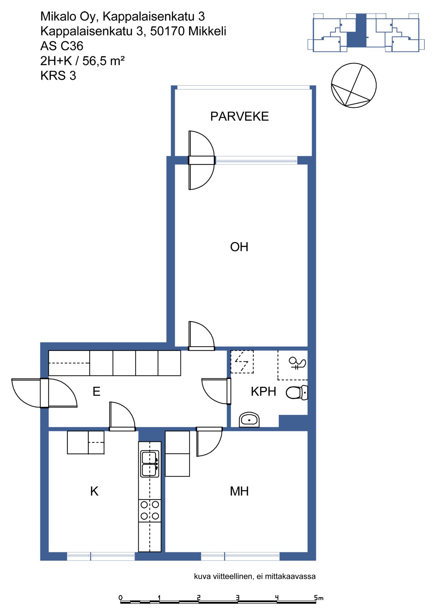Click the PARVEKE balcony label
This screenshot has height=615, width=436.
tap(239, 116)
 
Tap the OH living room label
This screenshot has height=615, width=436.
tap(239, 247)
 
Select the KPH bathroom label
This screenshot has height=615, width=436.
tap(263, 391)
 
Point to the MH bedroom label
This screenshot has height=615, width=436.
tap(239, 491)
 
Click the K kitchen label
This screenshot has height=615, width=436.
tap(94, 491)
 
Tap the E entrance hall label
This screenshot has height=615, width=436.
tap(96, 391)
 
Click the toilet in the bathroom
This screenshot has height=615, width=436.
tap(297, 393)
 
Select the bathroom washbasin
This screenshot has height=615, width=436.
tap(249, 420)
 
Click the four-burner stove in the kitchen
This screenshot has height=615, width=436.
tap(150, 511)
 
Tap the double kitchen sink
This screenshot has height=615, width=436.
tap(150, 463)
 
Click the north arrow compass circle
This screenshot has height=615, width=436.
tap(354, 86)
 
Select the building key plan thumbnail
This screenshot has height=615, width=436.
tap(366, 32)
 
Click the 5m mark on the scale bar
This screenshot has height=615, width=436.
tap(318, 598)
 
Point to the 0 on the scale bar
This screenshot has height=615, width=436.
tap(120, 597)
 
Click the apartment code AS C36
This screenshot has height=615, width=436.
tap(62, 46)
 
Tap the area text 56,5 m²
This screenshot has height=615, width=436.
tap(103, 61)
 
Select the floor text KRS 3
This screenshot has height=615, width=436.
tap(58, 76)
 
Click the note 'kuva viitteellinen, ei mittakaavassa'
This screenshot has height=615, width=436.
tap(255, 577)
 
